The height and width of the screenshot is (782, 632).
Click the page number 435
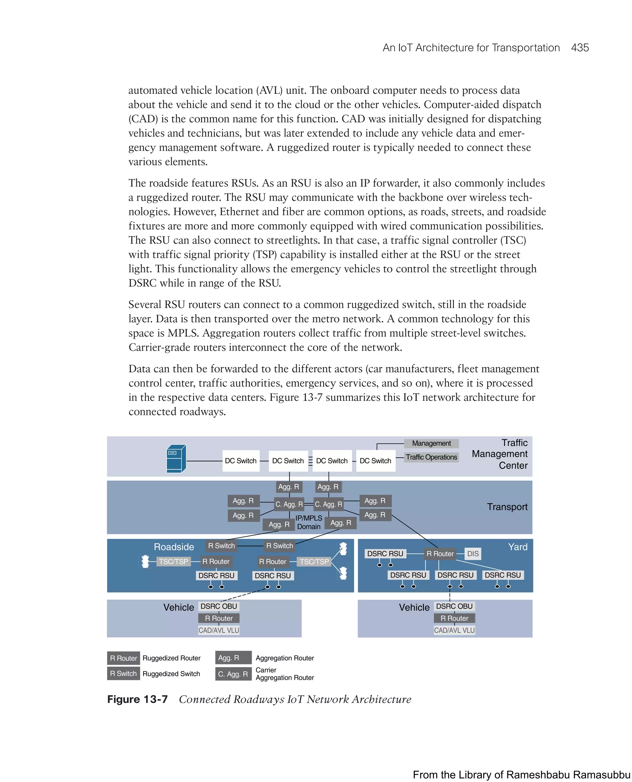point(580,48)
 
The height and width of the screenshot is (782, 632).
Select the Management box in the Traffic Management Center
point(431,443)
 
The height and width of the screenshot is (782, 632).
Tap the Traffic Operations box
point(431,457)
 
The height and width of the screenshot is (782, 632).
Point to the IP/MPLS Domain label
point(308,522)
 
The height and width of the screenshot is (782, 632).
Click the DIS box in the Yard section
point(472,554)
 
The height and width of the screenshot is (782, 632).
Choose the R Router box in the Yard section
point(440,554)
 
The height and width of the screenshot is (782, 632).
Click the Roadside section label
point(174,547)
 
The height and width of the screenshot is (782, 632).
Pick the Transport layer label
point(507,507)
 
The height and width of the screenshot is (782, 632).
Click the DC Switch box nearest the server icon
point(241,461)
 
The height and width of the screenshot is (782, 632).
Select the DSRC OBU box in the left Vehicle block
point(218,606)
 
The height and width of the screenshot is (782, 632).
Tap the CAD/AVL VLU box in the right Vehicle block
point(454,630)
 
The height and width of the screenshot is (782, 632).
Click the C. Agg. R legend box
point(233,674)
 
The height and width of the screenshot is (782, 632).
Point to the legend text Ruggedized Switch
point(171,674)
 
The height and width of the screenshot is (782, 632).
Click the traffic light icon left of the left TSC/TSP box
point(145,561)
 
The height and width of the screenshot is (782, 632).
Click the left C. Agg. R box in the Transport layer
point(289,504)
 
